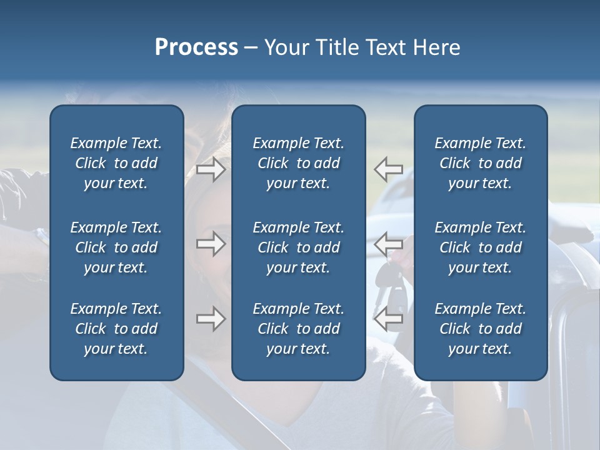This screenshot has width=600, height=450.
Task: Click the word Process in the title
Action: [x=196, y=47]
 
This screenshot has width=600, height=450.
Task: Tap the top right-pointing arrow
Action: [x=211, y=169]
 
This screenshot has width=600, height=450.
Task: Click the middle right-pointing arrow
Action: [x=211, y=243]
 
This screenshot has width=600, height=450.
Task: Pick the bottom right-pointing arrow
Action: [x=211, y=319]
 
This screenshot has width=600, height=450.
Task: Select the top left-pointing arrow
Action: [x=388, y=169]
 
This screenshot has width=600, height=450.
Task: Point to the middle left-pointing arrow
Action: [x=388, y=243]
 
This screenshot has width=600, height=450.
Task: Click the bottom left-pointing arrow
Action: [x=388, y=319]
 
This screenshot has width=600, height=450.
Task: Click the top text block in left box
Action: [x=116, y=163]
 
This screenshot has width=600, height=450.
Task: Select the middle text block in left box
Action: [x=116, y=247]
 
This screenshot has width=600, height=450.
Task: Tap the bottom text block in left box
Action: [x=116, y=329]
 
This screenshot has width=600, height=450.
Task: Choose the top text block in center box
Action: [x=298, y=163]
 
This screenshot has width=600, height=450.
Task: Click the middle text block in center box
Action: [x=298, y=247]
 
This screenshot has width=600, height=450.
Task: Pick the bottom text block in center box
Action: [x=298, y=329]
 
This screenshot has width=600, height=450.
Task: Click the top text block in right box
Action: [x=480, y=163]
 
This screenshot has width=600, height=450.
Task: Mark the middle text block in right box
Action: [x=480, y=247]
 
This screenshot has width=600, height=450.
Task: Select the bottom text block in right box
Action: [x=480, y=329]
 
